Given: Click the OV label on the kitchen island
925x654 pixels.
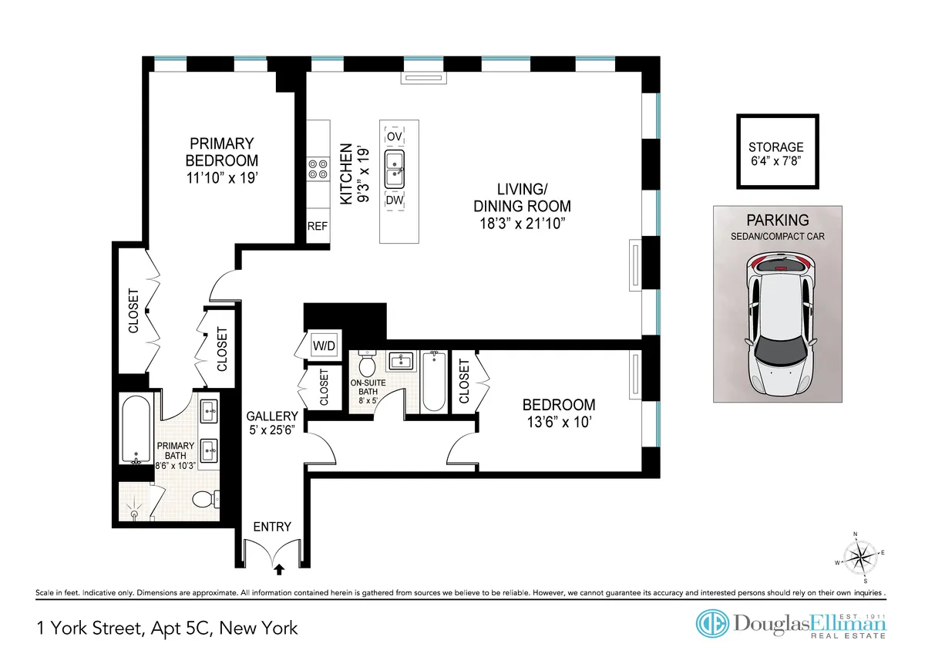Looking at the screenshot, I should tap(395, 136).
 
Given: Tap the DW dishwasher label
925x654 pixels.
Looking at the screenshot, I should tap(395, 200).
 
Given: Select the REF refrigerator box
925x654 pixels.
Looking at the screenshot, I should tap(318, 227).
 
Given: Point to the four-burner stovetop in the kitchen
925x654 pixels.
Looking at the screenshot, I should tap(317, 169).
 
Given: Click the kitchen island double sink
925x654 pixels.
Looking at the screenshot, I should tap(395, 167).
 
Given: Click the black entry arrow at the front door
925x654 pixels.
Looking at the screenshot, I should tap(279, 570).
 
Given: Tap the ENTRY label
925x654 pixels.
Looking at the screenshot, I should tap(272, 527).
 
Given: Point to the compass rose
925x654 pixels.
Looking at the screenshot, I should tap(861, 557).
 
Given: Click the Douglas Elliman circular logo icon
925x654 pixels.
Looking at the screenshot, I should tap(712, 624).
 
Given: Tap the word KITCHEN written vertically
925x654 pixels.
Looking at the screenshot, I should tap(347, 174).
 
